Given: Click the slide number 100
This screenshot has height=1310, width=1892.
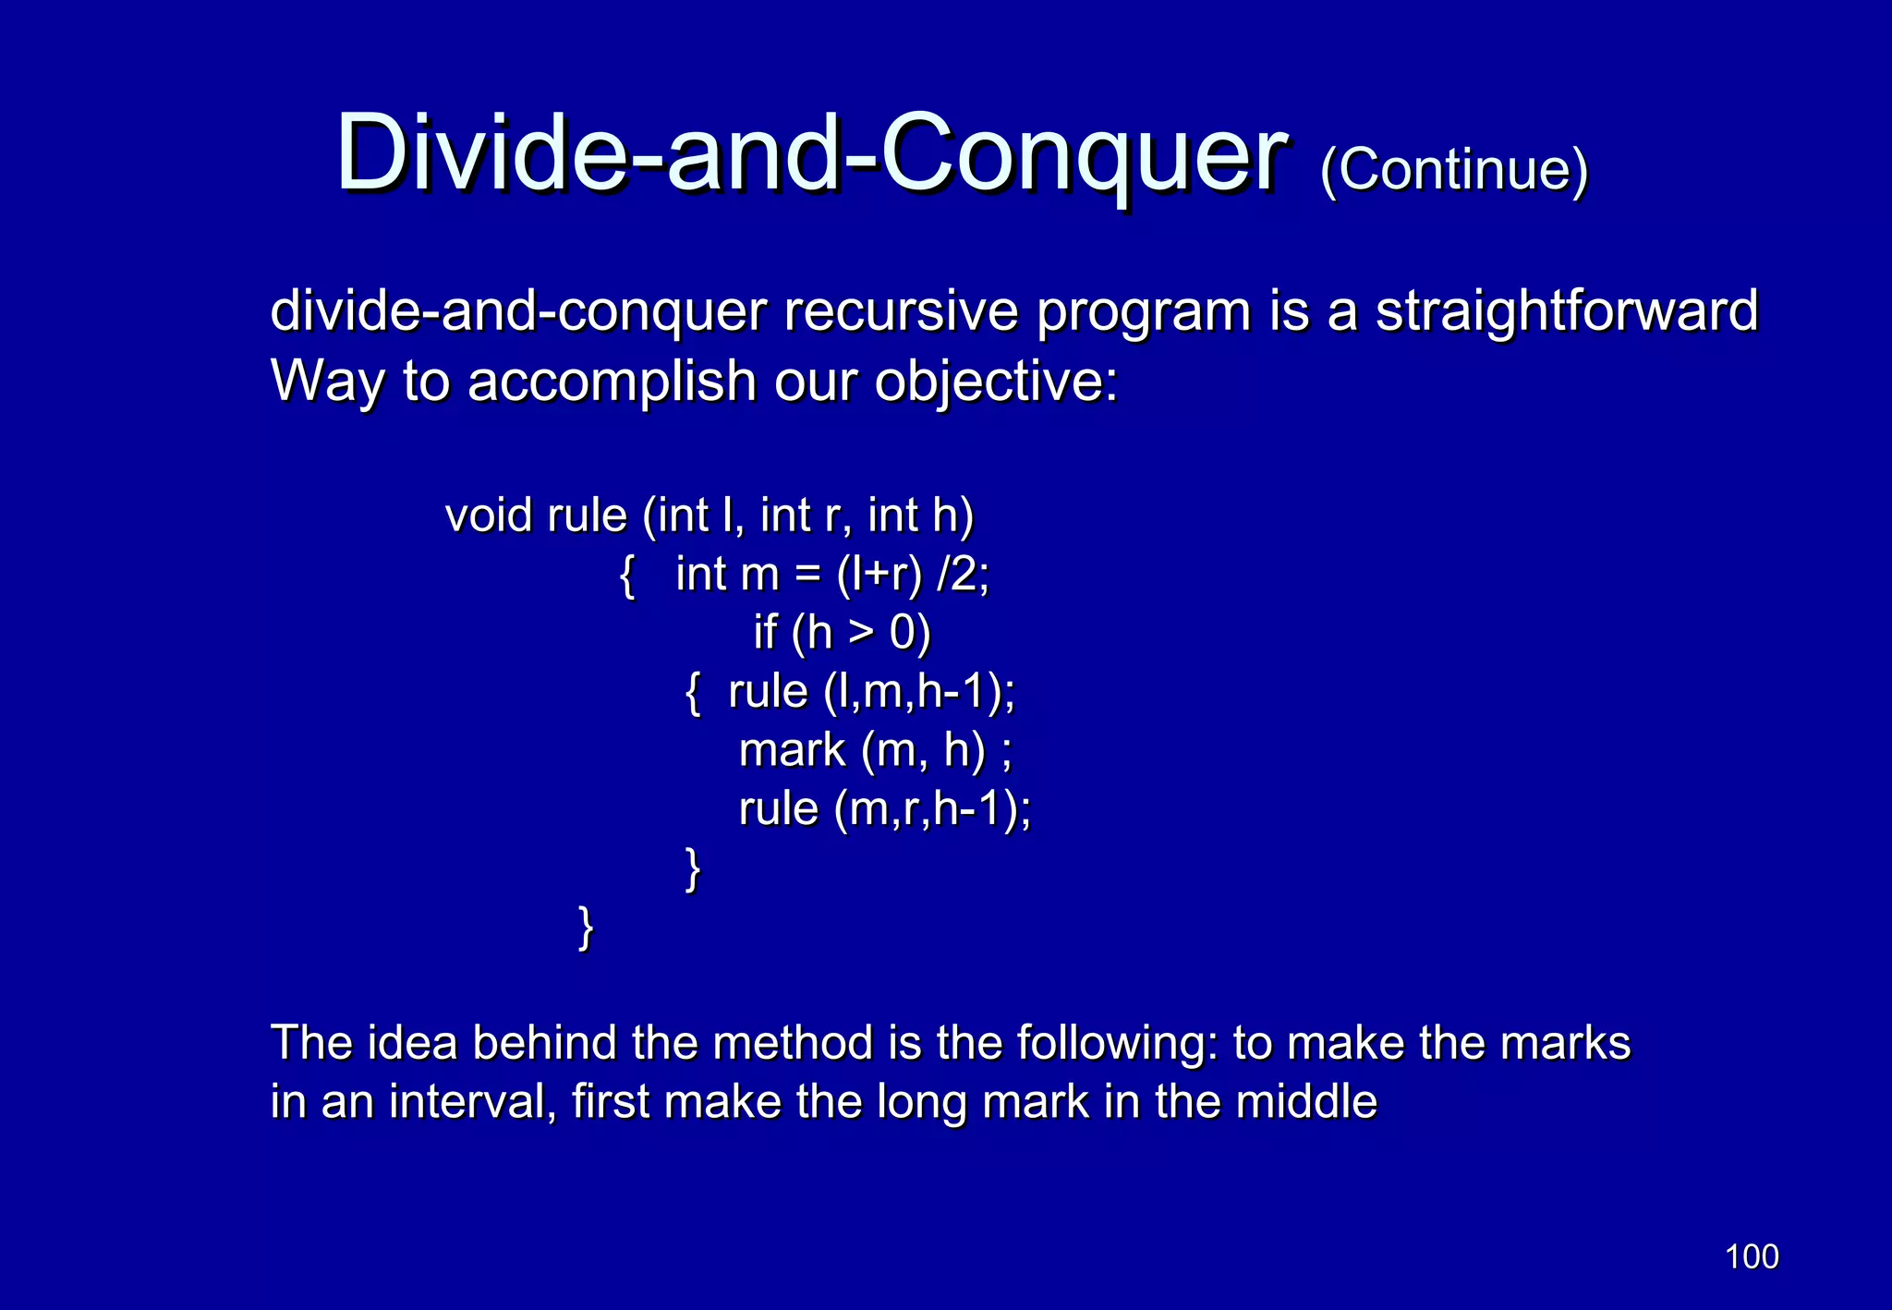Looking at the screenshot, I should [x=1751, y=1256].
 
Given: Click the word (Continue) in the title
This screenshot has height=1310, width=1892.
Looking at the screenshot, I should [x=1453, y=170].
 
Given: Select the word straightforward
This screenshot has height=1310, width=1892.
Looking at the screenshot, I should [x=1567, y=311].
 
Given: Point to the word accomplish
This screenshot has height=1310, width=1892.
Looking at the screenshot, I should [x=612, y=382].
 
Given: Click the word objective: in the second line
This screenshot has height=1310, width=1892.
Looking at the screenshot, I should [x=996, y=382].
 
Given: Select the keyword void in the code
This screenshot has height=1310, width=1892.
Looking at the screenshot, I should [x=489, y=516].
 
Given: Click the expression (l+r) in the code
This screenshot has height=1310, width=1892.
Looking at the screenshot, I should [x=879, y=575].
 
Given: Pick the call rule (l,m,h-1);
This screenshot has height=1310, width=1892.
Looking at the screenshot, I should [x=870, y=692].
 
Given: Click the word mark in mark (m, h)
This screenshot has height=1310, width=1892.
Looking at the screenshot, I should [x=792, y=750].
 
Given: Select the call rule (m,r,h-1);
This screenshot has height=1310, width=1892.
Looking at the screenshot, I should [x=884, y=809].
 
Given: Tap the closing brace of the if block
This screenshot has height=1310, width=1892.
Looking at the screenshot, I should [x=693, y=868].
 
